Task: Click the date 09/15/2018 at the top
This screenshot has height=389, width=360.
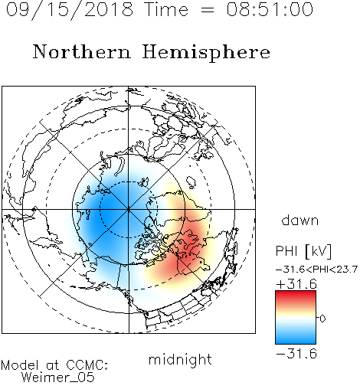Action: click(70, 10)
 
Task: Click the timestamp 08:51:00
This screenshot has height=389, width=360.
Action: click(270, 9)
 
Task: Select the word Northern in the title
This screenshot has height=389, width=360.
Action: click(82, 51)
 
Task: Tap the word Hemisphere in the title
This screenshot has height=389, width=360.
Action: click(206, 53)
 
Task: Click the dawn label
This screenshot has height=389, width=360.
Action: click(300, 221)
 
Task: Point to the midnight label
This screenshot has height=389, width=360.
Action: click(180, 359)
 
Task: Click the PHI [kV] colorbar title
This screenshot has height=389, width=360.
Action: click(303, 251)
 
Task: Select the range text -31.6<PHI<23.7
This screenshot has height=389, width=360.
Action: click(316, 270)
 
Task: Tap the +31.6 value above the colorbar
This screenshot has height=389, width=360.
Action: click(296, 284)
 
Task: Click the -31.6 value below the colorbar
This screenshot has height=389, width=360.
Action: click(296, 354)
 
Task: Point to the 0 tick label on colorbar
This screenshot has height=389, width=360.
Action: click(322, 319)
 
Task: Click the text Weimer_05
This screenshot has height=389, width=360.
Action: click(58, 377)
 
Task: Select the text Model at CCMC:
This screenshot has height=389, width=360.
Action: click(54, 365)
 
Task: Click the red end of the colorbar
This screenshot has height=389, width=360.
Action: click(296, 294)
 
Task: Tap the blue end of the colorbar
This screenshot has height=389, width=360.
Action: click(296, 341)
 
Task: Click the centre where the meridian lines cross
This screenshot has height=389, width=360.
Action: click(129, 209)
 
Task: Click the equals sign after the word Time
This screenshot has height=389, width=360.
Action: click(208, 10)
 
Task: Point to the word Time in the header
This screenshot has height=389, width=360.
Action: click(166, 9)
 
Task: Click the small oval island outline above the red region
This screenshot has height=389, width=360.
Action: click(191, 181)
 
